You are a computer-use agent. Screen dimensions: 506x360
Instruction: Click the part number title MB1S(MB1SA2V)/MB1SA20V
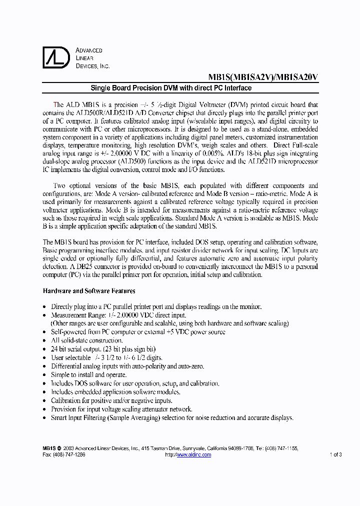click(263, 77)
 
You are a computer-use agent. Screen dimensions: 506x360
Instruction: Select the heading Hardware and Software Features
click(89, 291)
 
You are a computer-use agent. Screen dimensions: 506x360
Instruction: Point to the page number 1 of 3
click(335, 454)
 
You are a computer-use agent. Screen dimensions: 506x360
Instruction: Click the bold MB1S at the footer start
click(49, 449)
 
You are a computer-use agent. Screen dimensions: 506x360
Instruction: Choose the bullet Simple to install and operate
click(88, 374)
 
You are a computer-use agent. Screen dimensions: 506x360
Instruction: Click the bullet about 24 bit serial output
click(103, 349)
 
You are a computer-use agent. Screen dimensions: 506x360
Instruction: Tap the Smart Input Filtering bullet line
click(172, 417)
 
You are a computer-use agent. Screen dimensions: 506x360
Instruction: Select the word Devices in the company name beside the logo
click(86, 66)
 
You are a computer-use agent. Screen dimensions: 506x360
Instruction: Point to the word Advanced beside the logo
click(89, 50)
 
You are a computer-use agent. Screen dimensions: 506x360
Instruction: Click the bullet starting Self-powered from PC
click(138, 332)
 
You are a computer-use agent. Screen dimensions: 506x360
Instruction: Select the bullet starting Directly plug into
click(156, 306)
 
